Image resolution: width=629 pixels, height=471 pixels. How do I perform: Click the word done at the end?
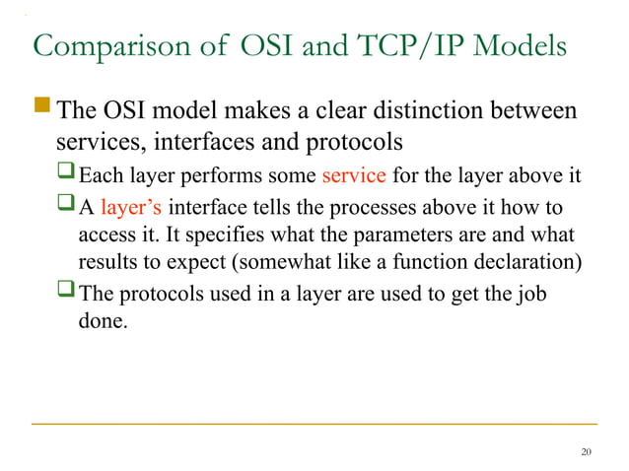100,321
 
